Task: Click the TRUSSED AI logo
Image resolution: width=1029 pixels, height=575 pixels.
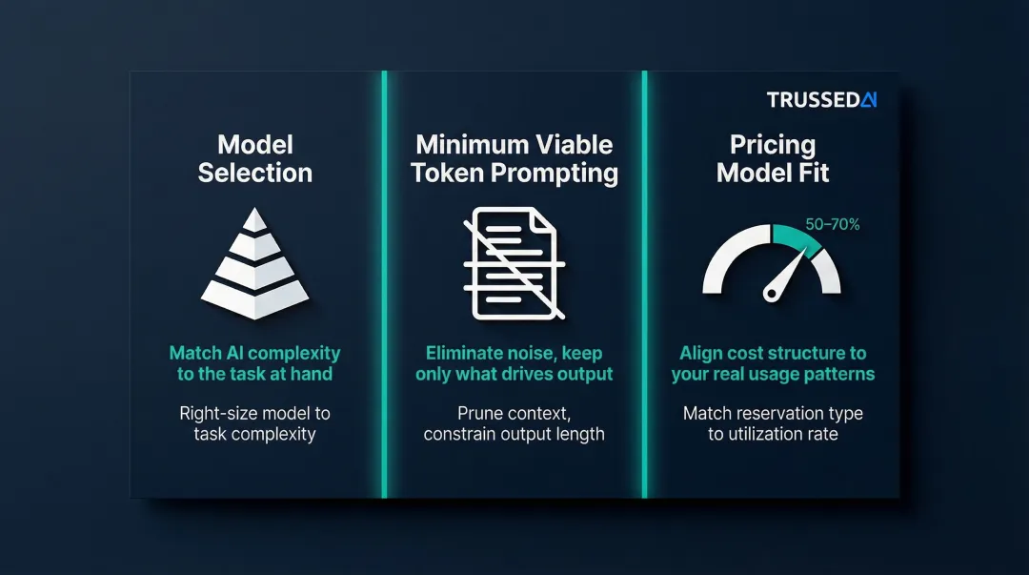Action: pos(820,100)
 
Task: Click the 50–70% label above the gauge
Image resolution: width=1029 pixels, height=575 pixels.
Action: pos(832,225)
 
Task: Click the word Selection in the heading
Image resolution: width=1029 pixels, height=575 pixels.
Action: pos(254,173)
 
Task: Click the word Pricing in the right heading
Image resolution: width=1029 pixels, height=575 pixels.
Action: pos(773,145)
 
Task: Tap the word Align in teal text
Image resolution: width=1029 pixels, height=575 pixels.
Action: pos(703,353)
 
